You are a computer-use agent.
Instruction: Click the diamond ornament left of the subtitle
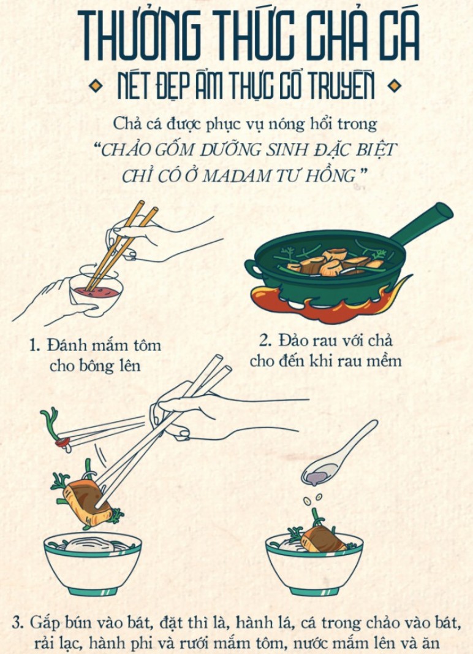click(94, 87)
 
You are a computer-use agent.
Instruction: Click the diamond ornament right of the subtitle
click(394, 87)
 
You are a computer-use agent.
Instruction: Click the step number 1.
click(35, 346)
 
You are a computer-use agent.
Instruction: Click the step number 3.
click(18, 623)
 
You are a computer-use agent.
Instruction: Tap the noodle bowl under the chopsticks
click(93, 561)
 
